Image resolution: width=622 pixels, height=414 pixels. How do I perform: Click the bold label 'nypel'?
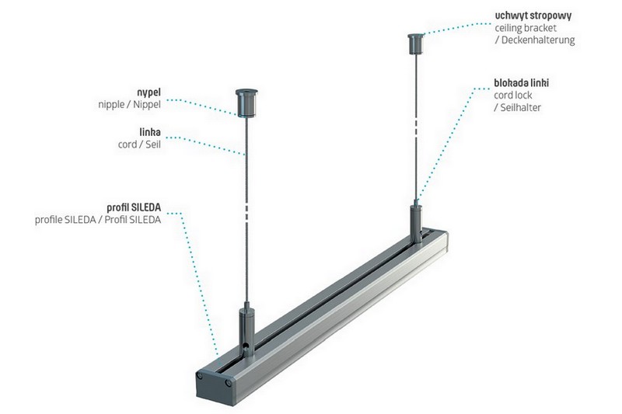149,93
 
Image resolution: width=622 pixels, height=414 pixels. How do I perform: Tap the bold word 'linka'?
150,132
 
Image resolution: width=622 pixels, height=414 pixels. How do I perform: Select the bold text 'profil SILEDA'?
134,207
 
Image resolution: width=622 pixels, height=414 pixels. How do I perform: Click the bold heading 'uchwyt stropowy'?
533,16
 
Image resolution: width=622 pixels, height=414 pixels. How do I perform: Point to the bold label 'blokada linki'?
521,83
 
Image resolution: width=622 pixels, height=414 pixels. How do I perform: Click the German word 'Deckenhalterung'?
538,40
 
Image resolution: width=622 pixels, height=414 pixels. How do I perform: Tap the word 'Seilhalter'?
520,107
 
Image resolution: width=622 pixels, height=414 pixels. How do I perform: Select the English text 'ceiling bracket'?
526,28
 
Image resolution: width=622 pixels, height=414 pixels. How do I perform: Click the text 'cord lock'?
513,96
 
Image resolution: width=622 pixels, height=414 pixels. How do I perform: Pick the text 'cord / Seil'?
139,144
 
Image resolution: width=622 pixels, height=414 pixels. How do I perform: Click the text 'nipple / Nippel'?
129,105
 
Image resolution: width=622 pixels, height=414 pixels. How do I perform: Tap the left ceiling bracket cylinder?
246,103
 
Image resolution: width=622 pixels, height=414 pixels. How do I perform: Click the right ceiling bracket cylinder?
416,43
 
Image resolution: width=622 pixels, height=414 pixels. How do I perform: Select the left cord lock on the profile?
246,331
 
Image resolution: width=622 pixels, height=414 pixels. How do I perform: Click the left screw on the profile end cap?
201,375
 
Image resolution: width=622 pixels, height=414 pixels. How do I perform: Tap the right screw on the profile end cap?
228,383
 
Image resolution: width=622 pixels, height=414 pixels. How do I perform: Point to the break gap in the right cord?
416,126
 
